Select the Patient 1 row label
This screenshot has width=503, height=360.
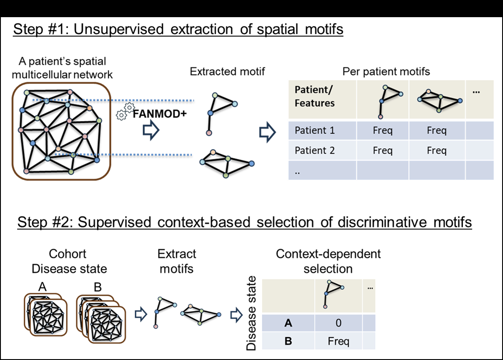coord(314,131)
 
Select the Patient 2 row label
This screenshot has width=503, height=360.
coord(314,151)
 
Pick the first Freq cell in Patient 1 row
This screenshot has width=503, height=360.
coord(382,131)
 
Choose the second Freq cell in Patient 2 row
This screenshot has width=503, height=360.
coord(436,151)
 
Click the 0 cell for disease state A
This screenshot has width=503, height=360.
coord(338,323)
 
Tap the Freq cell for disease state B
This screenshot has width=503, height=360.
coord(338,341)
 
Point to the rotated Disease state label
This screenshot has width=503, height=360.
coord(251,313)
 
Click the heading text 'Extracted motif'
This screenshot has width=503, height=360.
coord(227,71)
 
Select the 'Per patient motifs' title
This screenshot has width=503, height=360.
coord(386,71)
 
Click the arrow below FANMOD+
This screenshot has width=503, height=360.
coord(151,131)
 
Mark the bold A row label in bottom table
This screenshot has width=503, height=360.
coord(288,323)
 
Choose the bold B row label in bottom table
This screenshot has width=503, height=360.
coord(288,341)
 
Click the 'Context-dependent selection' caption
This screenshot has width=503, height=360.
coord(328,261)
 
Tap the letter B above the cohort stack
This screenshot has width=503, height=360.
coord(98,287)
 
